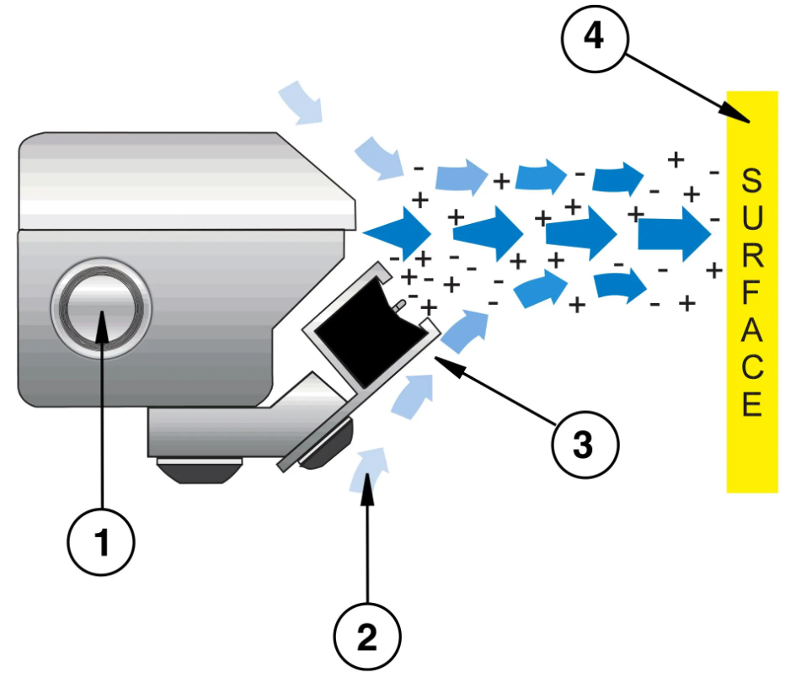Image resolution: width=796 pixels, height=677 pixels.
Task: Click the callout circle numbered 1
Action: (102, 544)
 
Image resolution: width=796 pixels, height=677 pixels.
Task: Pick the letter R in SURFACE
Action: (752, 257)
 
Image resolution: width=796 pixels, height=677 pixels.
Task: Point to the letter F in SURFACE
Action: (752, 295)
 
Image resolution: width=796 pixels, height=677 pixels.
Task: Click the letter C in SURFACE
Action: (752, 369)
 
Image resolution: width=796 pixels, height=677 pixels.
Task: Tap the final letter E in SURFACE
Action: (752, 406)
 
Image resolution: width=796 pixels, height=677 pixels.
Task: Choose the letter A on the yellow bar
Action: (752, 332)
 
